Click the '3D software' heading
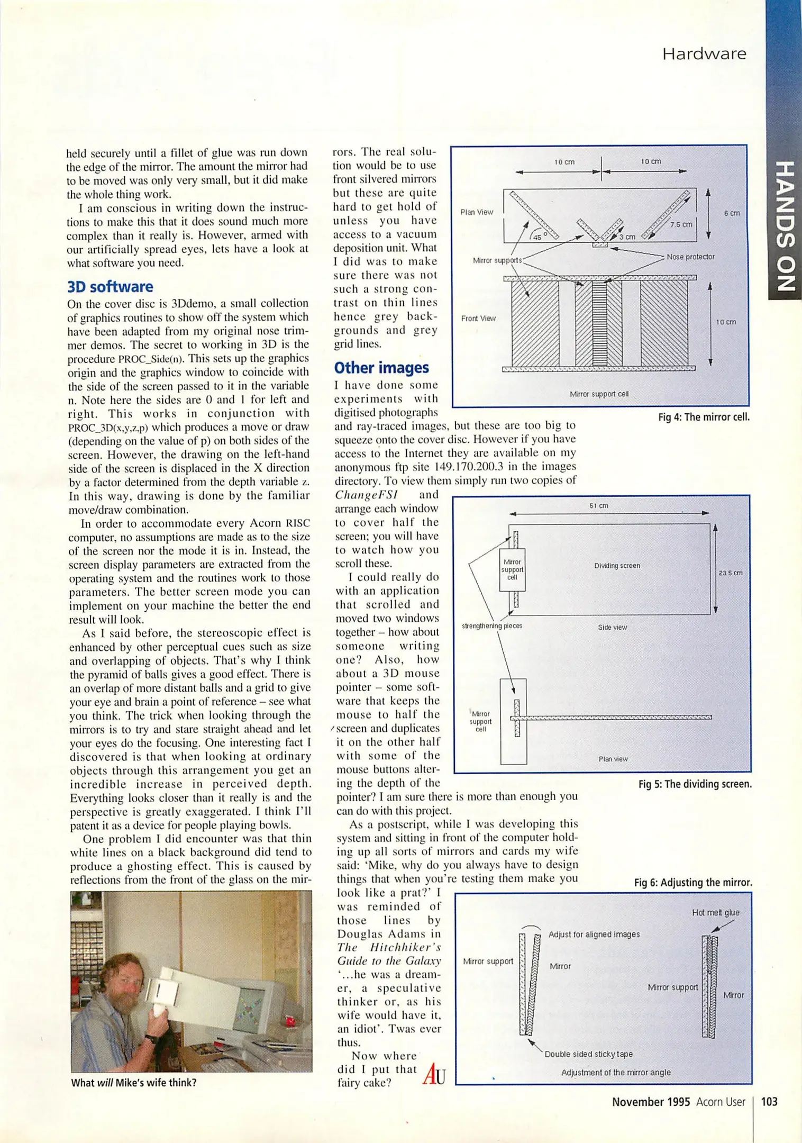click(110, 287)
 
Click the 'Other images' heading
click(381, 368)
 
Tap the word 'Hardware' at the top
click(704, 54)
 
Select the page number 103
click(769, 1101)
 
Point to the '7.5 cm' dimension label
click(681, 224)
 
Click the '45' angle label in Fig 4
click(537, 237)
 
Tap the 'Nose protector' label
click(690, 257)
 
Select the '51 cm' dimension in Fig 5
click(599, 506)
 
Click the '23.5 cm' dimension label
click(731, 573)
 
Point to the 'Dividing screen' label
click(617, 566)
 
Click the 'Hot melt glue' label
click(715, 912)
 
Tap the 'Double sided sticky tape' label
click(588, 1054)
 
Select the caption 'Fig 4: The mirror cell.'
click(704, 417)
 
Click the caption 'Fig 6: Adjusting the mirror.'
click(693, 883)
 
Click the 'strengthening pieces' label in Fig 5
click(492, 626)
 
